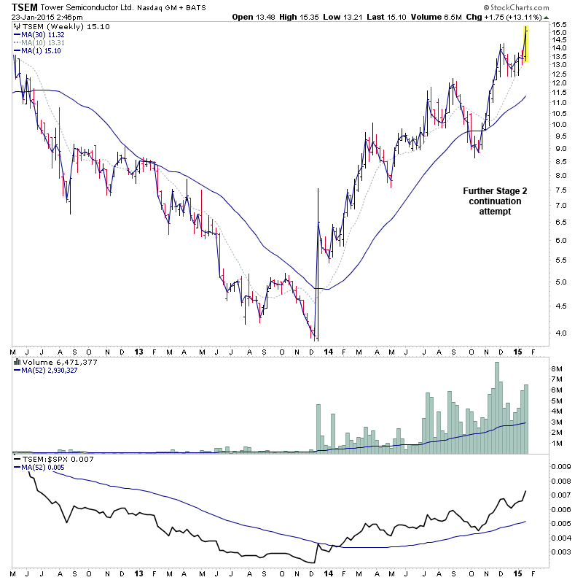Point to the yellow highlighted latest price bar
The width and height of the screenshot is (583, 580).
coord(525,44)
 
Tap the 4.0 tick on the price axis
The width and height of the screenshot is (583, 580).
coord(558,333)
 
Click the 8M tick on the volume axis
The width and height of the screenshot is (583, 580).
coord(557,369)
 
